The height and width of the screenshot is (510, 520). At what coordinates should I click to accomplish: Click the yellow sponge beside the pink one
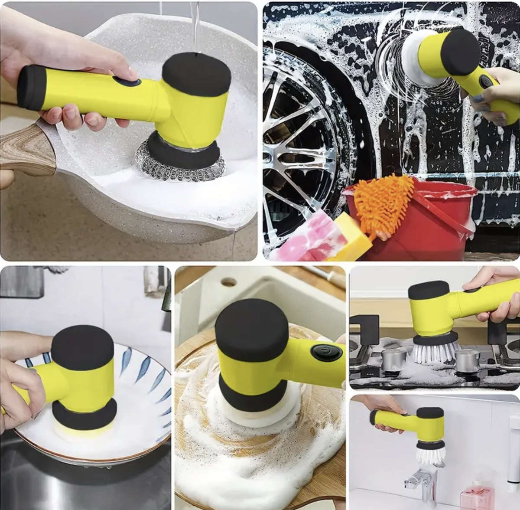click(x=351, y=236)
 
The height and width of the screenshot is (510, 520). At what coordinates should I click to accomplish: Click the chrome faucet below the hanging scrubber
click(x=422, y=481)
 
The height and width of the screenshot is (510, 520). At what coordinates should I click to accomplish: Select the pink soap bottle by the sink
click(x=477, y=494)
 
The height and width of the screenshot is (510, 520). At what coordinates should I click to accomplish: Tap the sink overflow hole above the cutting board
click(x=228, y=282)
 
